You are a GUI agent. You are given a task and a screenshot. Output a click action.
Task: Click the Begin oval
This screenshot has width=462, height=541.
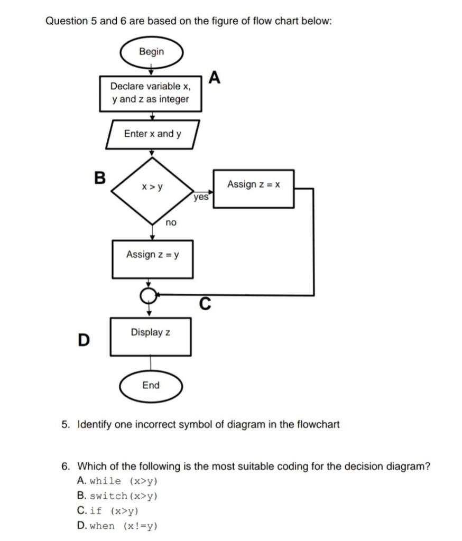151,52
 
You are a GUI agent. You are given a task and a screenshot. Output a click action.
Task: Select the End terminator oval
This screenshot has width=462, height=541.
151,386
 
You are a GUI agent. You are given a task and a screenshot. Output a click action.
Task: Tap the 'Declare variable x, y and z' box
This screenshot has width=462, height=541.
151,93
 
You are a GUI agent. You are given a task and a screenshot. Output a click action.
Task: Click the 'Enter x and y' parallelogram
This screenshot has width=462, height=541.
152,134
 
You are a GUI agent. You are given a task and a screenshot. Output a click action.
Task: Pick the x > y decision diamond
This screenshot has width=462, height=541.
152,188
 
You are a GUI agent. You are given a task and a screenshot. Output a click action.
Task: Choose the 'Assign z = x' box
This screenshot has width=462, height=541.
253,188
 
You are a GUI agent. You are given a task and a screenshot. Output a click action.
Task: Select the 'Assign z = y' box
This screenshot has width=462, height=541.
152,258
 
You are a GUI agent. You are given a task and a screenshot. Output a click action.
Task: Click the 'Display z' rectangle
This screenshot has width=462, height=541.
151,336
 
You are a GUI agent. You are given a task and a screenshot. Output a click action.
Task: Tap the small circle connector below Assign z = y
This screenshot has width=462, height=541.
149,294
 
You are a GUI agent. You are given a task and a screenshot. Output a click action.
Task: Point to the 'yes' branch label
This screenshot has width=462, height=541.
201,198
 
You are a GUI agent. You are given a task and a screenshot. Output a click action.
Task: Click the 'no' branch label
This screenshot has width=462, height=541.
171,223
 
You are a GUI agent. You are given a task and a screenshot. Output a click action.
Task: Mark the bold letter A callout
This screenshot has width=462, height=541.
214,78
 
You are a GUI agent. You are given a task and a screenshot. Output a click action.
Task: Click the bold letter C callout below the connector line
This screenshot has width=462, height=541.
205,304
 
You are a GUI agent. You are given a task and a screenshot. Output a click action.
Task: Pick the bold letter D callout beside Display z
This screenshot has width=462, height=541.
83,340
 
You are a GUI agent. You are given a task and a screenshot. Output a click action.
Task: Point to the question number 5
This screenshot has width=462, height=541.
65,424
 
